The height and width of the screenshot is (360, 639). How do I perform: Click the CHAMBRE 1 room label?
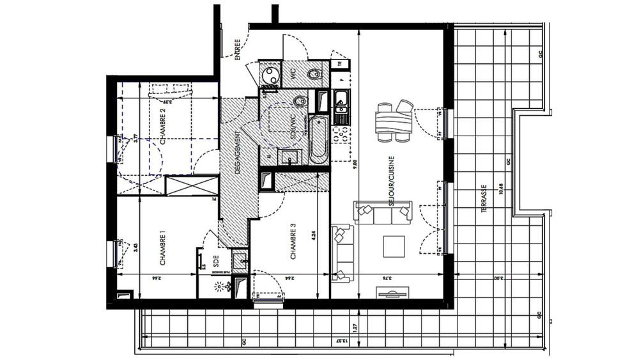point(162,248)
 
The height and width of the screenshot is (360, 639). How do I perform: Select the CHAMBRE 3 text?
point(293,242)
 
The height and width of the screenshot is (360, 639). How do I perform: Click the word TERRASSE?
point(486,198)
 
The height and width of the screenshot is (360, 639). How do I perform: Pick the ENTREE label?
point(237,49)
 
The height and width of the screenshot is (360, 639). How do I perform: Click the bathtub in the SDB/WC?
point(318,139)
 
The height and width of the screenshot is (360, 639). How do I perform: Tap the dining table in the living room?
point(394,121)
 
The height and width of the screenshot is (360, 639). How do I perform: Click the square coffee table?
point(393,246)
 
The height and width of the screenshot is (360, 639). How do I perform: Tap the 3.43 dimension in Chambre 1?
point(135,247)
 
